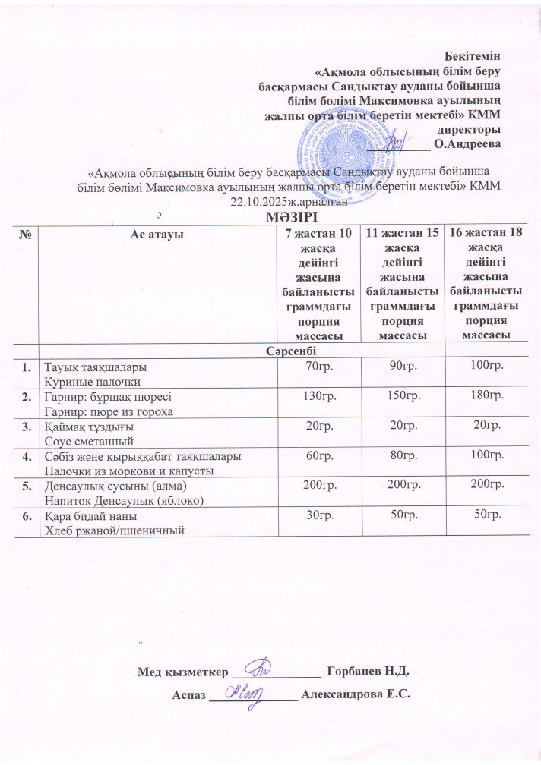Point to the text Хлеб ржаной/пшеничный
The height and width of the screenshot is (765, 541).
click(115, 529)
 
